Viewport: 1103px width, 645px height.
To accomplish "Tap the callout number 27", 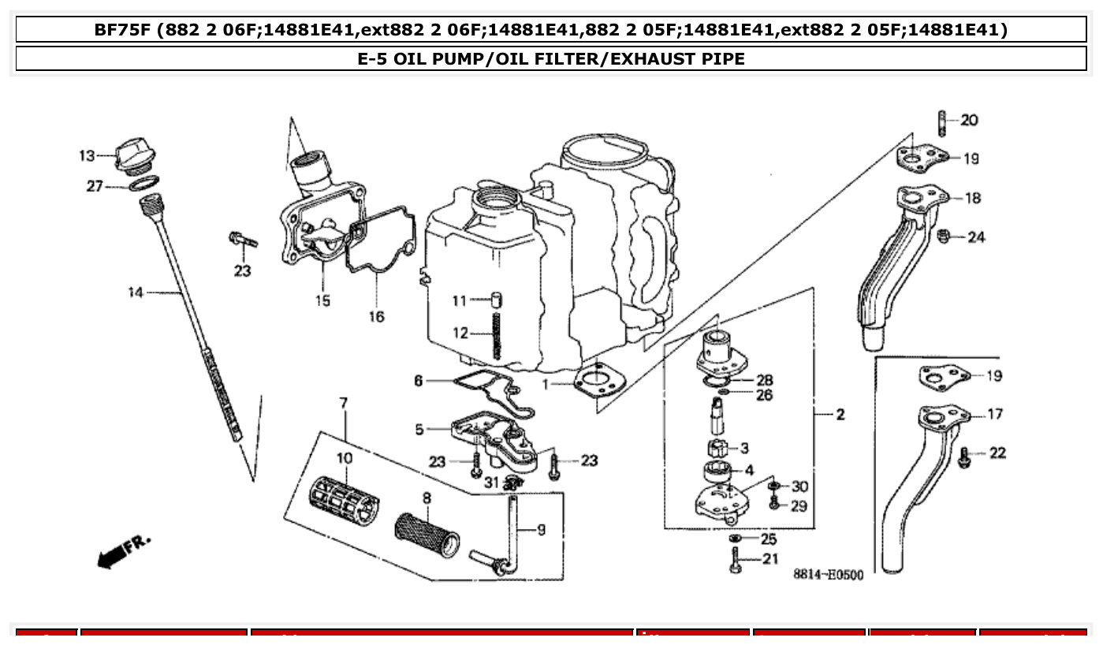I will point(95,187).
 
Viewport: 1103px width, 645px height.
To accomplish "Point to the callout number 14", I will point(136,293).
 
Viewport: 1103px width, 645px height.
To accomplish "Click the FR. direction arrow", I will point(122,551).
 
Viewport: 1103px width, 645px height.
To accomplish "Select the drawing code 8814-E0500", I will point(828,575).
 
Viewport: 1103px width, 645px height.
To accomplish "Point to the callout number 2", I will point(840,414).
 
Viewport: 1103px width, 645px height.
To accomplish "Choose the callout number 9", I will point(541,530).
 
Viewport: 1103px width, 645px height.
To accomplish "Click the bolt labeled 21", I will point(736,561).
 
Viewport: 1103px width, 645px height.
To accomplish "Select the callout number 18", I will point(974,198).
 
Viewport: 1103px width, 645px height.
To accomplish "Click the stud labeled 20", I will point(941,123).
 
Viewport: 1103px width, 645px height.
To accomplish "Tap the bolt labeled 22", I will point(963,456).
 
